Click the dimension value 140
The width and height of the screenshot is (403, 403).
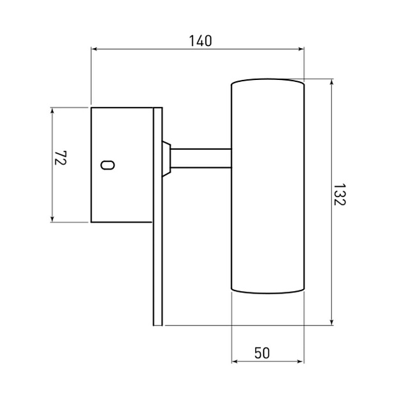200,41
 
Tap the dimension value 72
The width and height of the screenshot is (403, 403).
61,158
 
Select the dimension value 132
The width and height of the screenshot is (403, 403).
340,194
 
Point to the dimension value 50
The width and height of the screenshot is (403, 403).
262,353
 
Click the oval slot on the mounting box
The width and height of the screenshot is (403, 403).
107,165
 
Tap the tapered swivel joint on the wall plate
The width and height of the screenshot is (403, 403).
166,159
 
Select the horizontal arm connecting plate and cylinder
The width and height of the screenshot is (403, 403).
201,158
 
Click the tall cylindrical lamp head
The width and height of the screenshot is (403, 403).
268,186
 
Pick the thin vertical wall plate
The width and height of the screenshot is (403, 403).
158,216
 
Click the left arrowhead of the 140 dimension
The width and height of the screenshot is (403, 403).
94,49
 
